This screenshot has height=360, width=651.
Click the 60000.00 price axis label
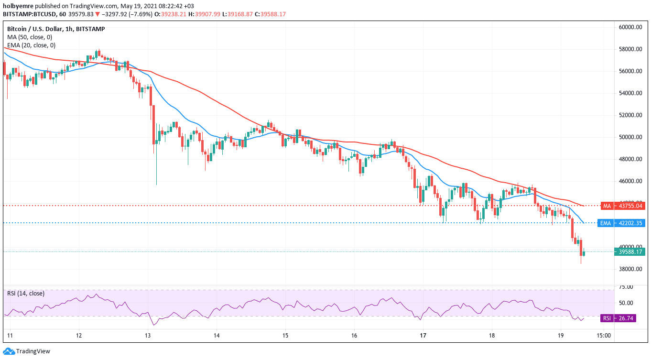click(x=629, y=27)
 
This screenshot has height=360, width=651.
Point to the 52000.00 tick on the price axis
click(x=629, y=115)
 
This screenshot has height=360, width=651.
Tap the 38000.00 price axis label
click(x=629, y=269)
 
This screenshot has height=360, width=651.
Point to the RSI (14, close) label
click(x=26, y=294)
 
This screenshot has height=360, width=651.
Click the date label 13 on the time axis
click(x=148, y=336)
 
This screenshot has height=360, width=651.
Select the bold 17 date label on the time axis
click(x=423, y=336)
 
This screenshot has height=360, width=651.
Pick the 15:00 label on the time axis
click(x=604, y=336)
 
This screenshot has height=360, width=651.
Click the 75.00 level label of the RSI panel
click(x=626, y=287)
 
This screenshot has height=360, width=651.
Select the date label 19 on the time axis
click(x=561, y=336)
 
